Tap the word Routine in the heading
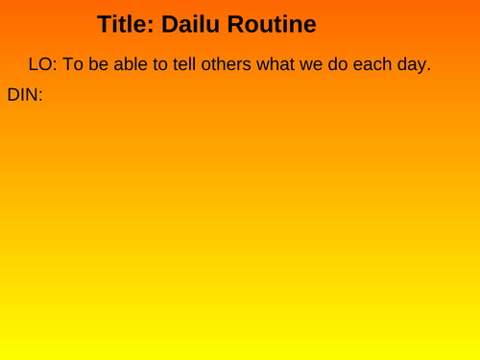click(x=272, y=26)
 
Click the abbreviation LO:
click(x=43, y=66)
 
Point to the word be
click(x=103, y=66)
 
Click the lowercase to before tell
click(x=172, y=66)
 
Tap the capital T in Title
click(x=105, y=26)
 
